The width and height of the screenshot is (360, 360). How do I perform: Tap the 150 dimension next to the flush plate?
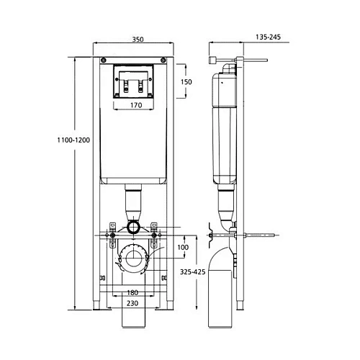pos(186,81)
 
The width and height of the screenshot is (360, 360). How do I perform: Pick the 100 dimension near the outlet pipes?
pos(182,248)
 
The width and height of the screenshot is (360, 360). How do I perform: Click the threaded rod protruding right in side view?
pos(263,235)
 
